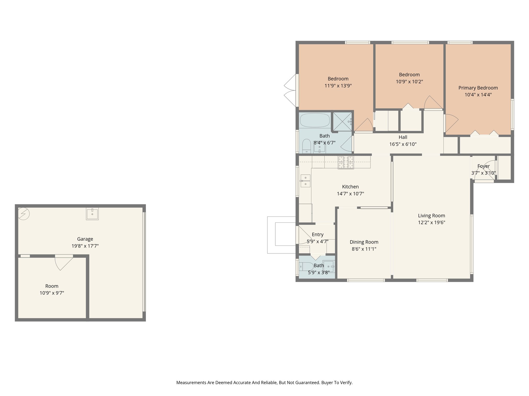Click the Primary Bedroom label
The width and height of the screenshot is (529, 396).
coord(478,88)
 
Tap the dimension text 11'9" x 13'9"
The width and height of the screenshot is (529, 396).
coord(338,86)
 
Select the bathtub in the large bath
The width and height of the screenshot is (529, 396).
coord(315,120)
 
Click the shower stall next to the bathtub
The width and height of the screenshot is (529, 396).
coord(342,121)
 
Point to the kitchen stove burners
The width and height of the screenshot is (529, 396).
coord(346,162)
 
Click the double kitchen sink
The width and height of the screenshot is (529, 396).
coord(305,181)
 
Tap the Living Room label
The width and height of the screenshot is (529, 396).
coord(431,216)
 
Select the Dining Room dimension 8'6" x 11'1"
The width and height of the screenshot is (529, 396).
coord(364,249)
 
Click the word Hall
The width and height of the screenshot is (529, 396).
coord(403,137)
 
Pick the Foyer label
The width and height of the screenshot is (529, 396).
coord(483,166)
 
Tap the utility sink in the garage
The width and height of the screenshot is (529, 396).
coord(92,214)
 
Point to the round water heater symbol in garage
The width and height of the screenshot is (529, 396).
coord(24,214)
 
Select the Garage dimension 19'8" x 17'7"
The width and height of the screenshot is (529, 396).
coord(85,246)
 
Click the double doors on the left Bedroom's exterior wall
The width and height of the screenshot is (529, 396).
coord(291,90)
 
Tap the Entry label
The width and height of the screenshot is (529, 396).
coord(317,235)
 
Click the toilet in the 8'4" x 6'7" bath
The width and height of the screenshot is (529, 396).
coord(306,146)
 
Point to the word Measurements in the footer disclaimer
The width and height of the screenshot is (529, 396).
coord(191,383)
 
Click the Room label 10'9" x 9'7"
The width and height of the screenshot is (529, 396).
coord(52,286)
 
